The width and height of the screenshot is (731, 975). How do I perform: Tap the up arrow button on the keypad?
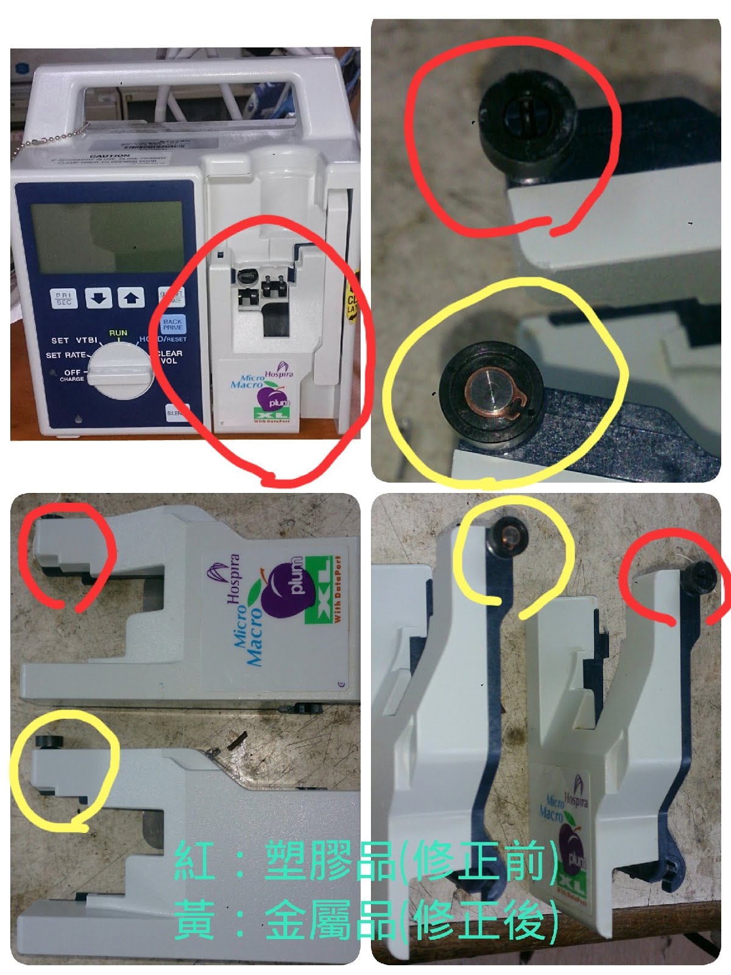pos(131,298)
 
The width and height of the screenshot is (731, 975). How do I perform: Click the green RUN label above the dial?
pos(118,333)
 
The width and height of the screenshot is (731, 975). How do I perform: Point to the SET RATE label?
pos(66,355)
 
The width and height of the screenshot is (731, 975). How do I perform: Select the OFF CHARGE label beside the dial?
pos(72,375)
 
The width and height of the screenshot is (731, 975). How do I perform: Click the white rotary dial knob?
pos(120,373)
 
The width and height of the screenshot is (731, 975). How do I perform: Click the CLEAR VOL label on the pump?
pos(169,356)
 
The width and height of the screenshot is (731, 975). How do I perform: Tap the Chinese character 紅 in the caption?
pos(194,861)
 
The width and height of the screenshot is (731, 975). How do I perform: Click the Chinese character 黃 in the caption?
pos(194,920)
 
